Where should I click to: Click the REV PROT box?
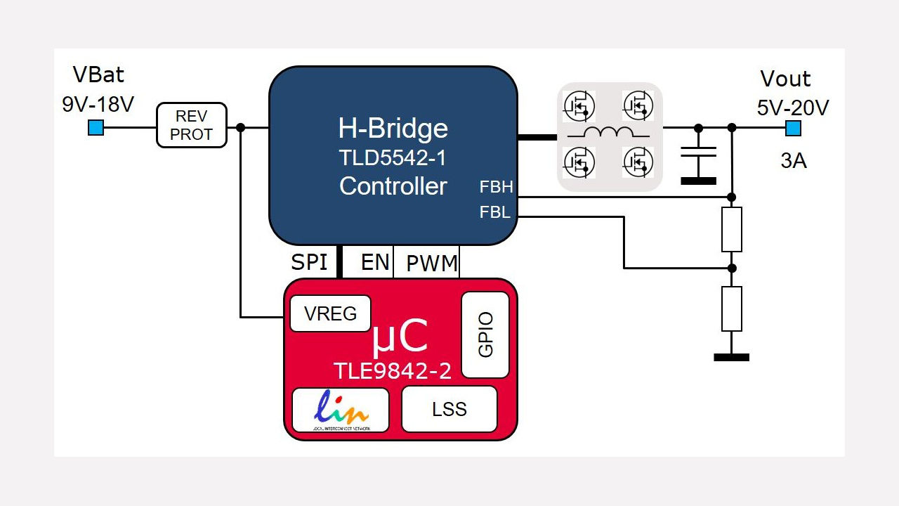191,125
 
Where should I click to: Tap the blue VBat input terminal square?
96,128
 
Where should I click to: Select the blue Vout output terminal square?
792,128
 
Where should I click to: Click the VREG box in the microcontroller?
330,313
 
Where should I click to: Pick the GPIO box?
485,335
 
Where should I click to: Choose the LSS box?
449,409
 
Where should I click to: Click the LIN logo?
341,409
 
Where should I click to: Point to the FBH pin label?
496,187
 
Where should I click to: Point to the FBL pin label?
495,212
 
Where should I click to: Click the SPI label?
310,262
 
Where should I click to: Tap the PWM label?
432,264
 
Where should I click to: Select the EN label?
375,262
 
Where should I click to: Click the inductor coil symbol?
609,133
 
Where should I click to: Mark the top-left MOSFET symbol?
579,105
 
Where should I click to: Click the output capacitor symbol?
698,156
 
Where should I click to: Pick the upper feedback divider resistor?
732,229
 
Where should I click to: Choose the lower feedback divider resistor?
732,309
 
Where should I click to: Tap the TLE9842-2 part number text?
392,371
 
